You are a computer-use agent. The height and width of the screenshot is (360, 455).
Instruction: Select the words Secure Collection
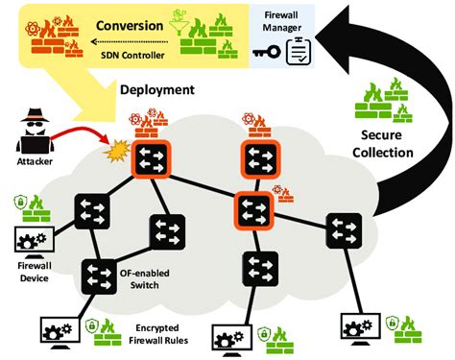tap(388, 143)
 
